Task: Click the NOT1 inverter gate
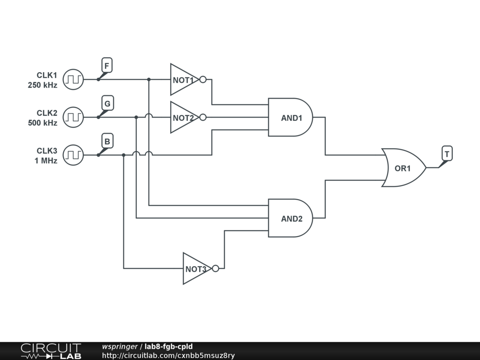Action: click(183, 80)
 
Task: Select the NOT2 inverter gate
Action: click(183, 118)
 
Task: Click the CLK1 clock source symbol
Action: click(73, 79)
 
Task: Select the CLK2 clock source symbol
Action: click(73, 117)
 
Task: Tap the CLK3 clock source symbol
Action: click(73, 155)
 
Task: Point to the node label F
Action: click(107, 66)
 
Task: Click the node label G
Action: click(107, 104)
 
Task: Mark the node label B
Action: click(107, 141)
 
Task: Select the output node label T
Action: click(447, 154)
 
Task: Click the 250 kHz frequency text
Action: click(42, 85)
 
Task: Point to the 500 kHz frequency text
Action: click(42, 123)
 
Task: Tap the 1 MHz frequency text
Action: click(46, 161)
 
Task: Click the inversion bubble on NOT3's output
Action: click(215, 269)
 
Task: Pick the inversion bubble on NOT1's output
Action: click(202, 80)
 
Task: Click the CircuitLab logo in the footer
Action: click(51, 351)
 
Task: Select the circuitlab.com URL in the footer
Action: click(168, 356)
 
